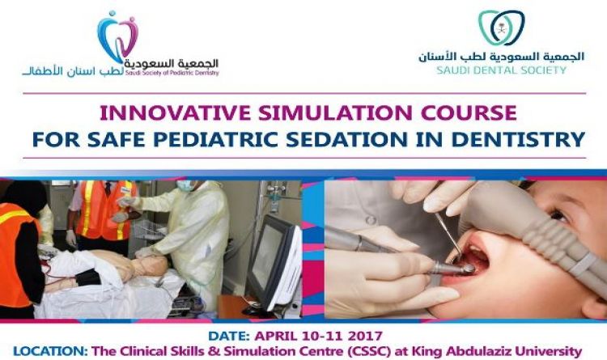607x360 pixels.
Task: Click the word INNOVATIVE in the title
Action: pos(175,112)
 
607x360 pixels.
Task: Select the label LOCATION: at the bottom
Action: pos(50,351)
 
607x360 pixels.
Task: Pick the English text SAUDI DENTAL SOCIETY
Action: pos(501,70)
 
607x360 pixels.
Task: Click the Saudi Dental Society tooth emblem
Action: pos(502,28)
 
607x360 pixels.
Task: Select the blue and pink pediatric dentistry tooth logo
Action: pos(117,36)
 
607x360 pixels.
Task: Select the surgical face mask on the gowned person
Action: pos(185,185)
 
